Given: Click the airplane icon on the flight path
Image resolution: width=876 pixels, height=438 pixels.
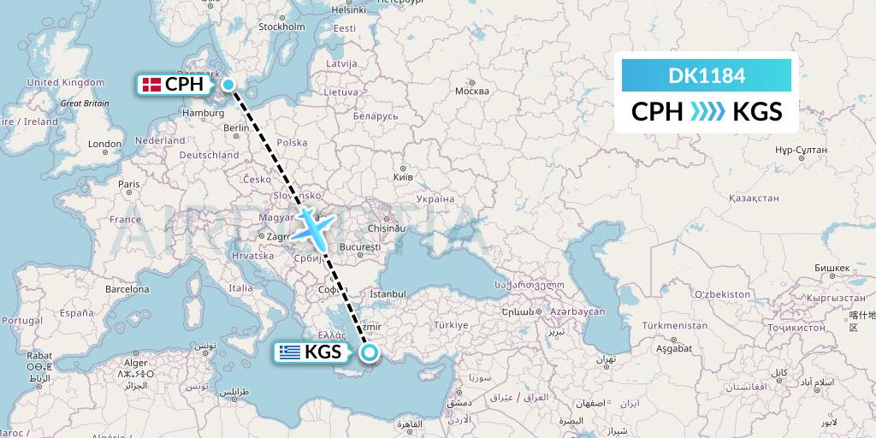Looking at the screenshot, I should (314, 226).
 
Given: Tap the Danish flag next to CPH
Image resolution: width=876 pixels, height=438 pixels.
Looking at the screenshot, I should (151, 84).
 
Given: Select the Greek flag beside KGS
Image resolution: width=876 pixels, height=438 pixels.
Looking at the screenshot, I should (288, 352).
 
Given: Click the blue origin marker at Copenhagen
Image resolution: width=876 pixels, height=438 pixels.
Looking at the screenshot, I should (229, 84).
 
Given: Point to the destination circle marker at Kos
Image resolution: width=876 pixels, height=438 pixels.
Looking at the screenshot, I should (370, 352).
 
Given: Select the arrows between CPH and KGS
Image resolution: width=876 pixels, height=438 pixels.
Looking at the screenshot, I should (707, 111).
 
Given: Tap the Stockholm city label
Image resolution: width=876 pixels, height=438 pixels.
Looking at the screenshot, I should (281, 27).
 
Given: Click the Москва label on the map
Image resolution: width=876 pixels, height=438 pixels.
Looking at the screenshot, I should (472, 91).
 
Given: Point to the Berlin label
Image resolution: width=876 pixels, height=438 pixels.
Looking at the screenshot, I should (235, 128).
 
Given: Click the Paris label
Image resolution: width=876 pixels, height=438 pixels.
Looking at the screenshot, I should (128, 184).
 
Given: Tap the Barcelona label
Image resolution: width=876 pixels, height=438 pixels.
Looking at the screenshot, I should (127, 290).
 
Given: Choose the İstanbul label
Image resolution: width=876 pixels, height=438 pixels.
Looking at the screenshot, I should (388, 294).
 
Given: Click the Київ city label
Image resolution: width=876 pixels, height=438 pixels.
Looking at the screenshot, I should (402, 176).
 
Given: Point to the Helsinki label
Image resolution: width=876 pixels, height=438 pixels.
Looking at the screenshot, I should (348, 10).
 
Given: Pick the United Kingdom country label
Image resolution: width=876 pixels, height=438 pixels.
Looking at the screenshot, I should (65, 83).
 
